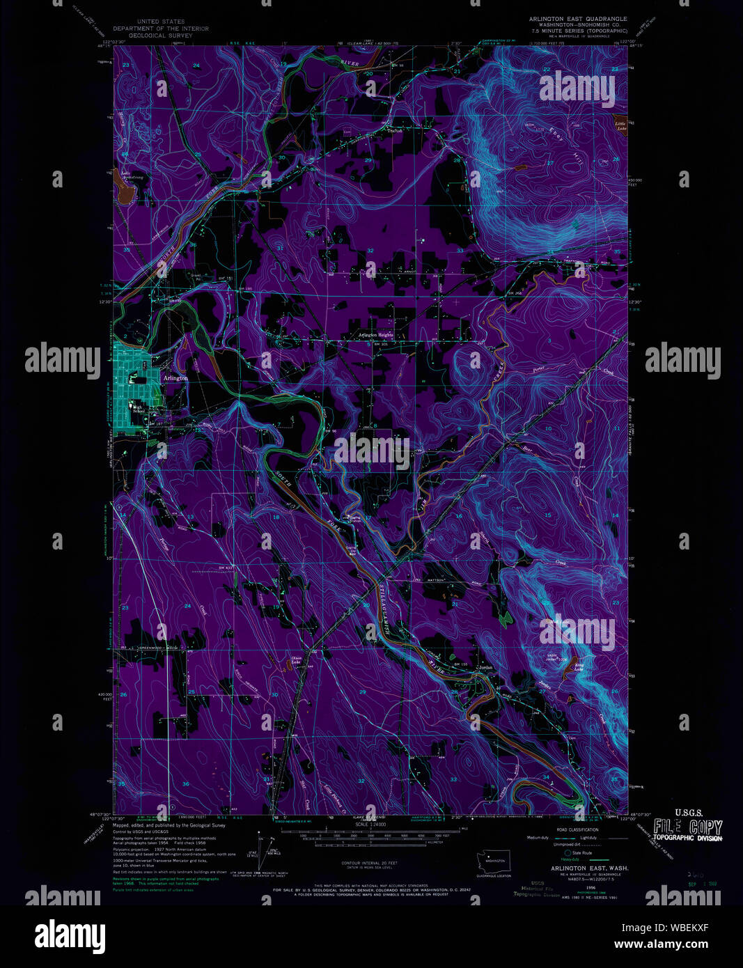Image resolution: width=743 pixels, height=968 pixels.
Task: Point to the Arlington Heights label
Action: (x=375, y=335)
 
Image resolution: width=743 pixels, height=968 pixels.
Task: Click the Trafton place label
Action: (x=395, y=130)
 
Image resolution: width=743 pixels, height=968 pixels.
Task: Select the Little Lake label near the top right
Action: (x=620, y=126)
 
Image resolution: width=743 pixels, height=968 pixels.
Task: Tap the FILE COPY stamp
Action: (x=687, y=827)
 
